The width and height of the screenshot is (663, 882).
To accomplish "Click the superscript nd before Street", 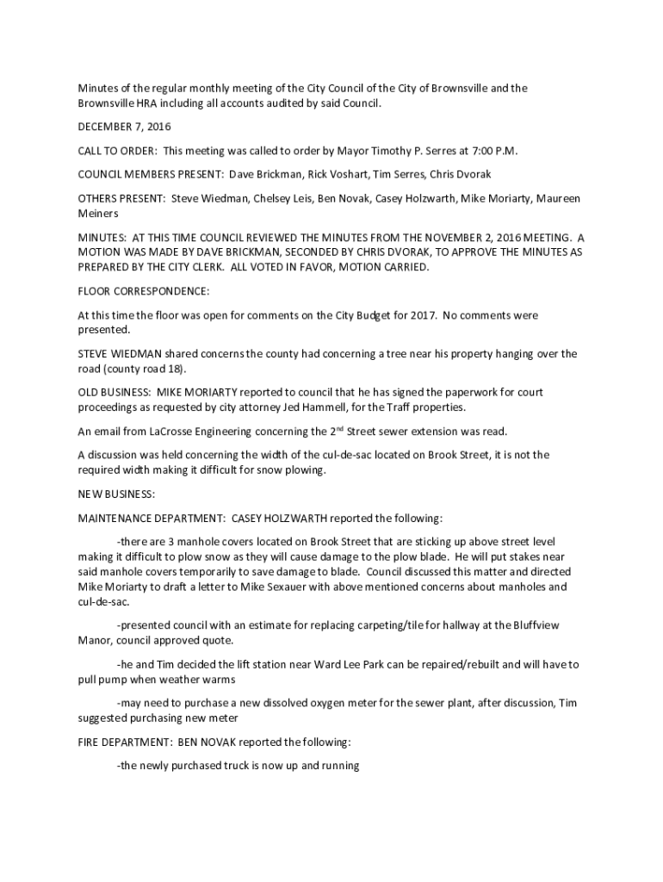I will coord(338,427).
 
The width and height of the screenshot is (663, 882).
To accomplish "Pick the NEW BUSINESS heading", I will coord(116,494).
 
